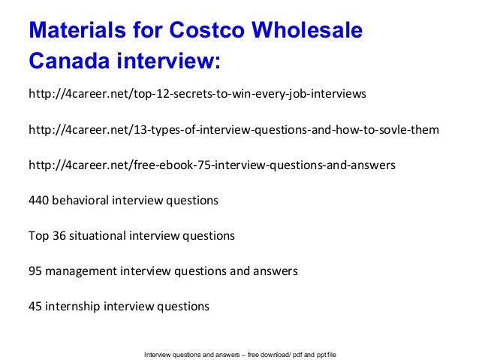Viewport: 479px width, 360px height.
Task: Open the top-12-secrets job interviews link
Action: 197,95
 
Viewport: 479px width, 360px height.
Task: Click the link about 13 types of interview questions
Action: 233,131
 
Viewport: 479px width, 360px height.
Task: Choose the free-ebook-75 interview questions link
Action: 211,165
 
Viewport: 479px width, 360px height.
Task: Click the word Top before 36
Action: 38,236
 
